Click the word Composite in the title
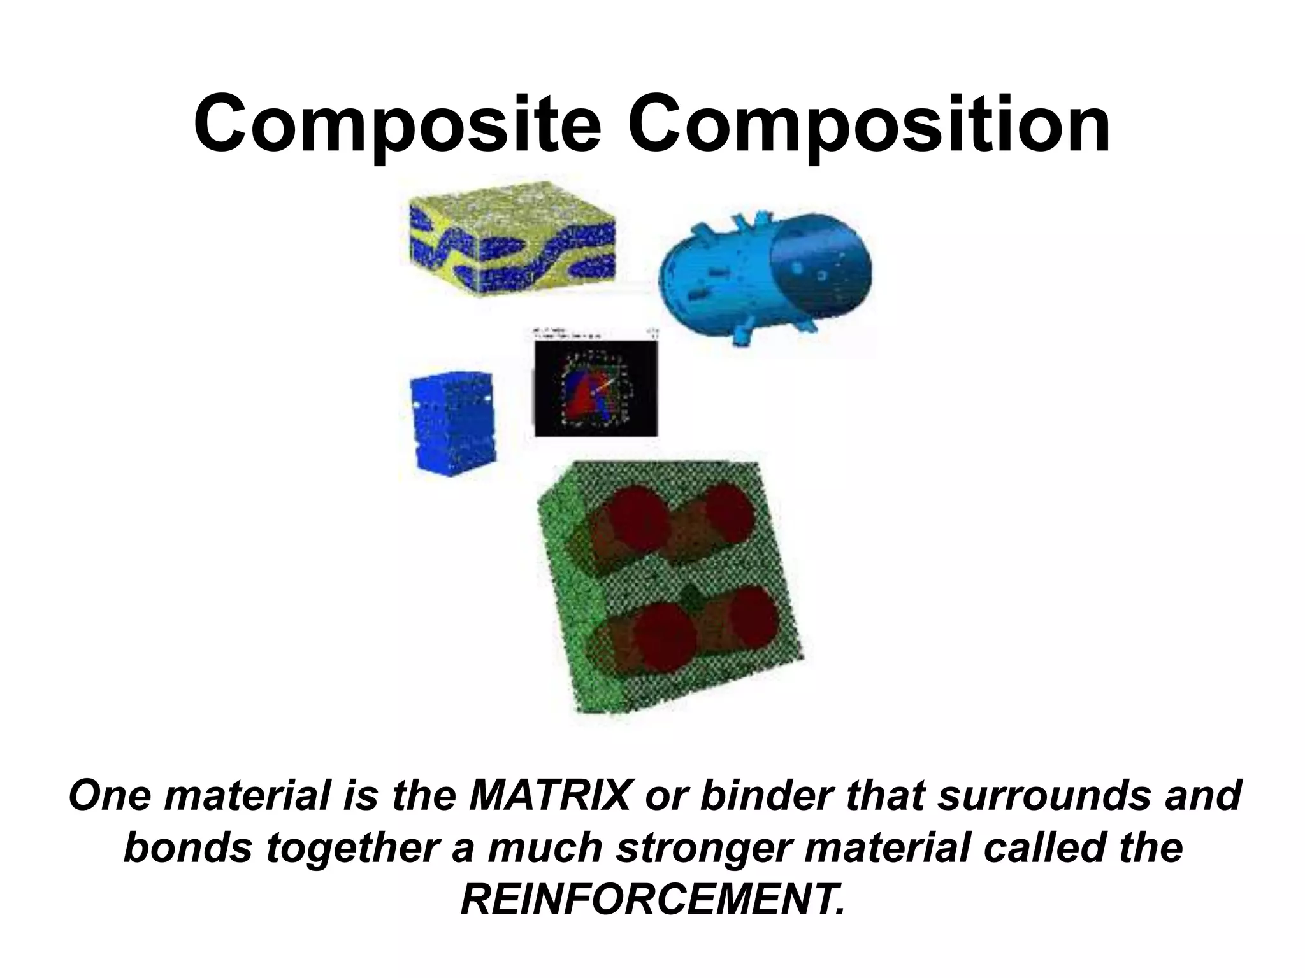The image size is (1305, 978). click(397, 124)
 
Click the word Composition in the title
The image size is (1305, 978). click(870, 124)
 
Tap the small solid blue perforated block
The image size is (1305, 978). click(452, 423)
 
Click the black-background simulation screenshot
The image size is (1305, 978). click(596, 385)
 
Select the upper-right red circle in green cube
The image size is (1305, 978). click(730, 516)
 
